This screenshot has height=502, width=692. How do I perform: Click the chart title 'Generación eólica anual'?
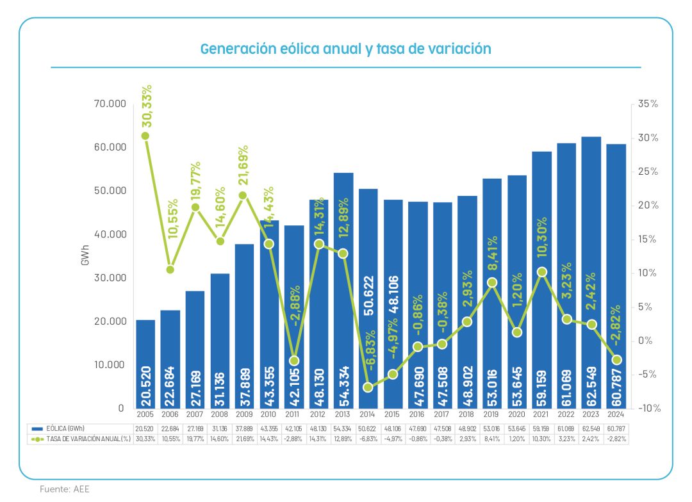coord(345,49)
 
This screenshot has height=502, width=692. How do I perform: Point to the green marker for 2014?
coord(368,387)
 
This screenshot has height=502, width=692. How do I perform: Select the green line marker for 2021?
coord(541,272)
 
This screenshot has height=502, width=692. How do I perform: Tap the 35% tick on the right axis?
coord(645,104)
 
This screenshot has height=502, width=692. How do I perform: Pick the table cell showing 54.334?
coord(343,428)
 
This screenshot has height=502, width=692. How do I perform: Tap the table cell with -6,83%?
coord(368,439)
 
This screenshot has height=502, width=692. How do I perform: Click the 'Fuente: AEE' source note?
coord(65,489)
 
